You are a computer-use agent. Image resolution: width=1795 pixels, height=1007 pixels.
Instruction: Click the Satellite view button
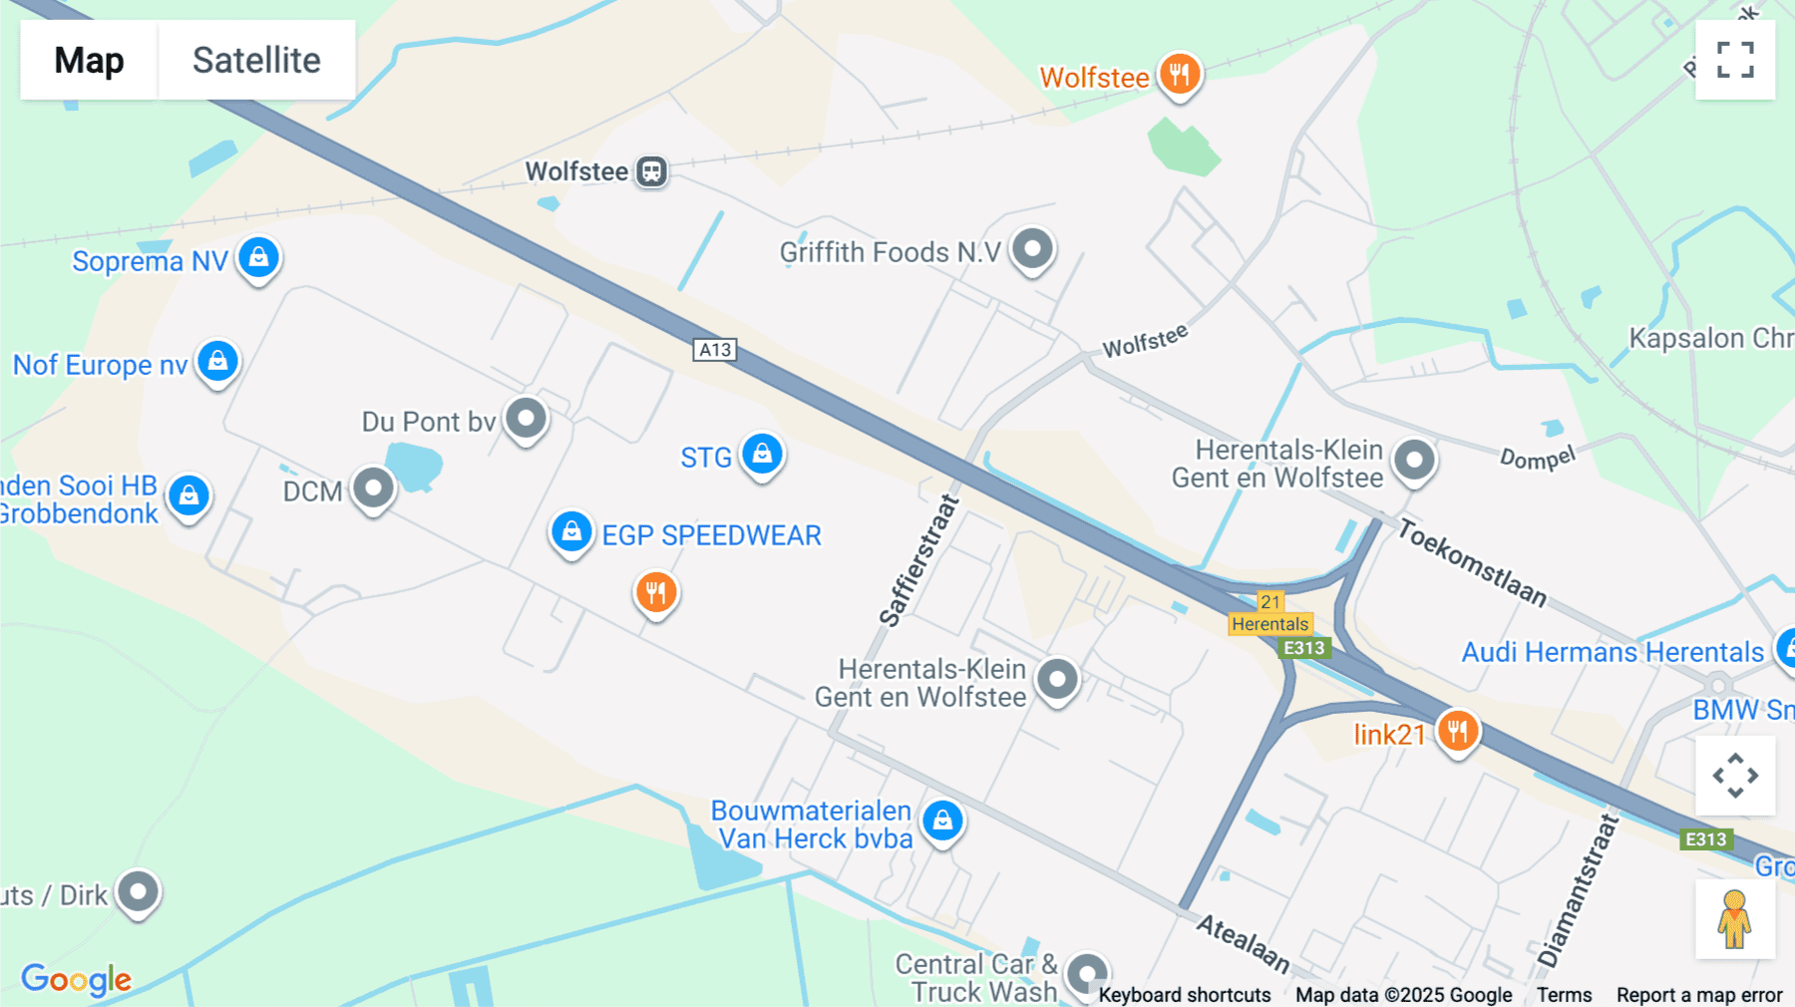(256, 60)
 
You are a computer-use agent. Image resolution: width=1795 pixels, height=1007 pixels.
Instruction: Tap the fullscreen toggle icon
(1735, 60)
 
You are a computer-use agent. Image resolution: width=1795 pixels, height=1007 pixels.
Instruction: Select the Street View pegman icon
(1735, 919)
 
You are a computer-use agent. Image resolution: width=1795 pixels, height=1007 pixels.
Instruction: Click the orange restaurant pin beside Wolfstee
(1180, 74)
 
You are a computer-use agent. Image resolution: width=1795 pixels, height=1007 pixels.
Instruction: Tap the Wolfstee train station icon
(651, 171)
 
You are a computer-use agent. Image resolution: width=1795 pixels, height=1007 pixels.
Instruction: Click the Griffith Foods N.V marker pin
(1032, 248)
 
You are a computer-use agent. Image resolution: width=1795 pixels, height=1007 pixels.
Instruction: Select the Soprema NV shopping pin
(259, 258)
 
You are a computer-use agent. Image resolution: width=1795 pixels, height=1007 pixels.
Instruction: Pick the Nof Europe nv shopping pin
(217, 361)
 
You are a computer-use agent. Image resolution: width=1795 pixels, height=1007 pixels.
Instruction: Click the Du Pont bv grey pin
(526, 418)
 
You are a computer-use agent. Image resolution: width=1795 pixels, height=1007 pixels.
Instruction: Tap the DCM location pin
(373, 489)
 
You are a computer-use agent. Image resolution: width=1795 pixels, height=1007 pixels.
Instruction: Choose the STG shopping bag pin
(763, 455)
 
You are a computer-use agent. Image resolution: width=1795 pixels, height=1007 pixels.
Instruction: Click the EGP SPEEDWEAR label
(711, 535)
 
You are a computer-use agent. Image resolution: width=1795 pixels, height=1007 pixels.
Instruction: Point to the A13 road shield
(715, 350)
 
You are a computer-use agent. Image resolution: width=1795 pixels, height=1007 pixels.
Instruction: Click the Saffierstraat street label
(918, 561)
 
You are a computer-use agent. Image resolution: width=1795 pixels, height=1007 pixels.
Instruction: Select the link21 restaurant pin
(1457, 732)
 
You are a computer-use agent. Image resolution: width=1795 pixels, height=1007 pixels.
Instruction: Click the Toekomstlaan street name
(1472, 562)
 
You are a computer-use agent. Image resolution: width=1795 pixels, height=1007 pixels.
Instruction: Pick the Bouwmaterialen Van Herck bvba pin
(942, 821)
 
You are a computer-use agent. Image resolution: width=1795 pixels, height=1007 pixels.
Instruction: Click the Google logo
(76, 979)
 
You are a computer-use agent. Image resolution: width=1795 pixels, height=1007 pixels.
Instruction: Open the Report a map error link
(1699, 995)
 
